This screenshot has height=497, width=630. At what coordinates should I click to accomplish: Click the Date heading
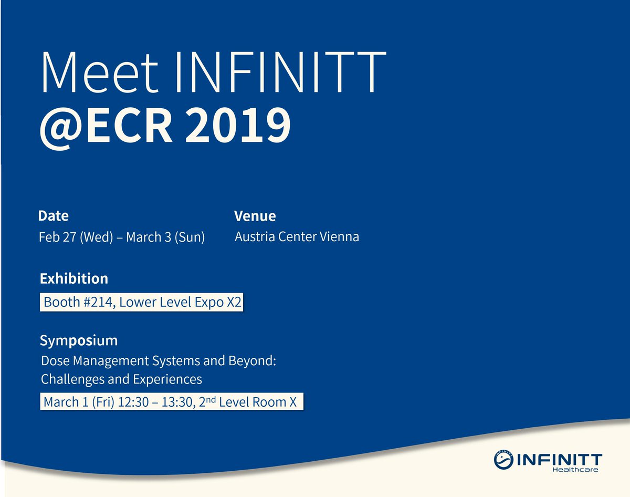[x=54, y=216]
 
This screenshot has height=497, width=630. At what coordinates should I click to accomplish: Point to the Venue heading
[x=255, y=216]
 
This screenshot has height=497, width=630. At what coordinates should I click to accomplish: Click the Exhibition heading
[x=74, y=278]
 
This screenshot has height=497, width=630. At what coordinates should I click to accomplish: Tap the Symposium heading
[x=79, y=340]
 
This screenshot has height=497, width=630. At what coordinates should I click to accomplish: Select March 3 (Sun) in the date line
[x=165, y=237]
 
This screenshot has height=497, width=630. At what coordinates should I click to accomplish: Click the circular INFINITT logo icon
[x=505, y=459]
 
